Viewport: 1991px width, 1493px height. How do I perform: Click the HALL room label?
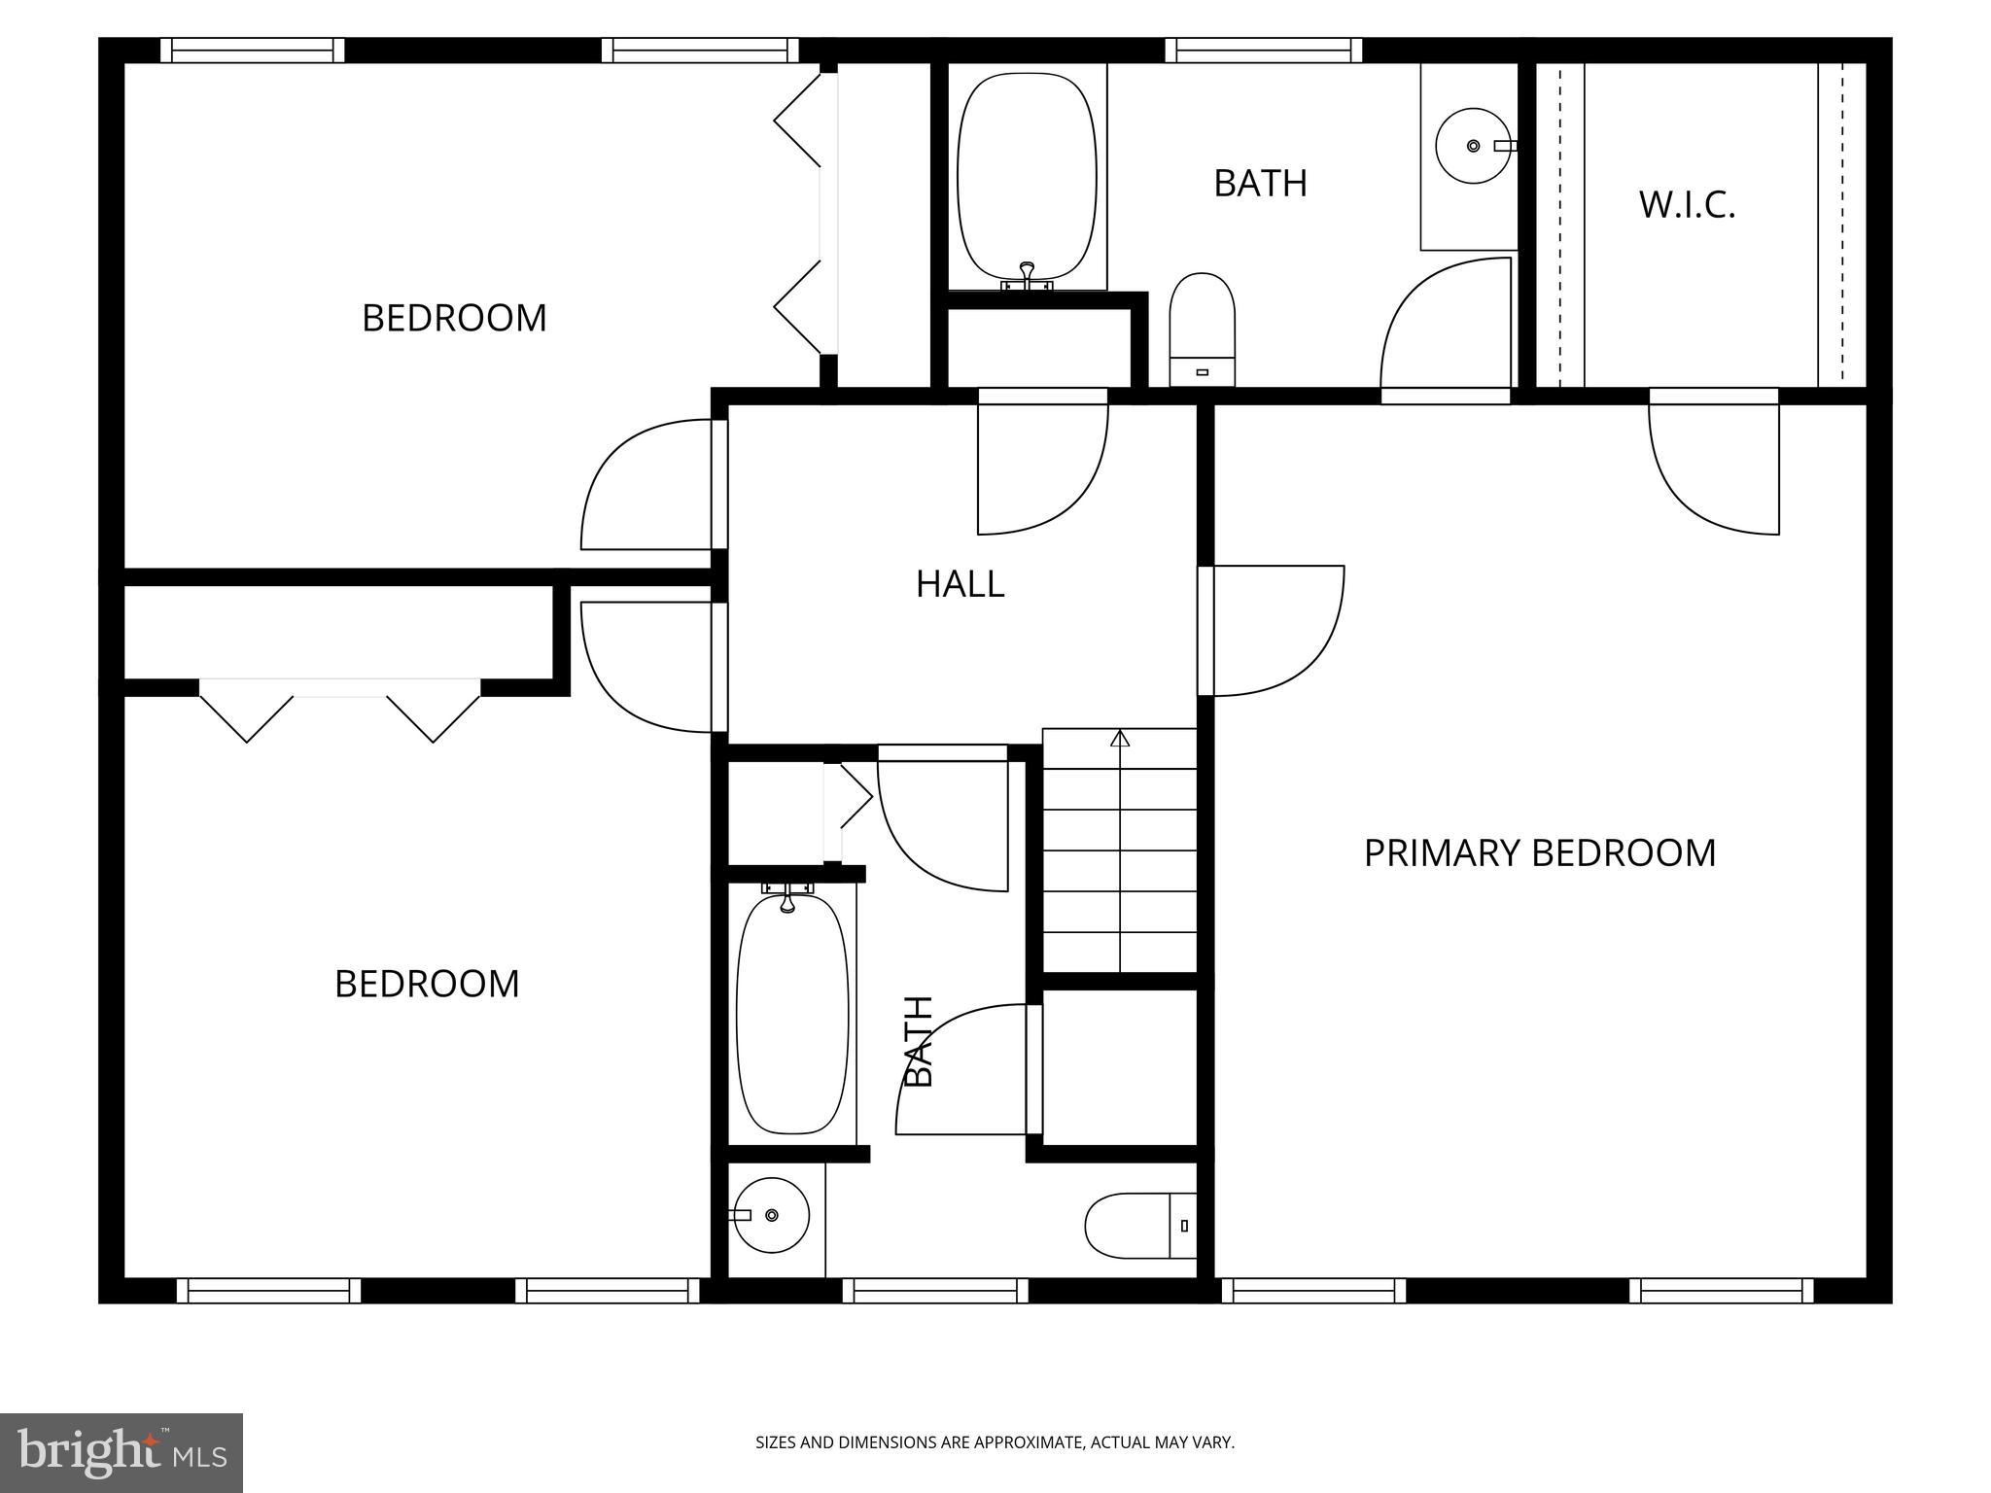[x=960, y=584]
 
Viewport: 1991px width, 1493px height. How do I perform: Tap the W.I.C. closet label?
[x=1687, y=205]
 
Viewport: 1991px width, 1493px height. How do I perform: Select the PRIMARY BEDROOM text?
[x=1539, y=853]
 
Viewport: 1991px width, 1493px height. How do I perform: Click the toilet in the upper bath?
[x=1202, y=329]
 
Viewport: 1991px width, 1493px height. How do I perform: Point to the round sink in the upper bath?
[x=1473, y=146]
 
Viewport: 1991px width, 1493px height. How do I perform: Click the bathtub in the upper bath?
[x=1028, y=175]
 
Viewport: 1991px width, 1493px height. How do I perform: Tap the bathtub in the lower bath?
[x=791, y=1014]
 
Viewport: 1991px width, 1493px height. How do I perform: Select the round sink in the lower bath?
[x=771, y=1215]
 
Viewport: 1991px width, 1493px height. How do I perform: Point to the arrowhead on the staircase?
[x=1120, y=738]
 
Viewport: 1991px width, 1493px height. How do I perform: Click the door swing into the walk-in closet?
[x=1713, y=467]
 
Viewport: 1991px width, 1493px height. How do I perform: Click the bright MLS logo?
[x=122, y=1452]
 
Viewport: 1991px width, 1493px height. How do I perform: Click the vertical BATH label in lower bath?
[x=919, y=1041]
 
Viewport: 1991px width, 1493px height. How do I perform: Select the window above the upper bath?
[x=1263, y=50]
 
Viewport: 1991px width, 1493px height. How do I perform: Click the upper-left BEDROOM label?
[x=454, y=318]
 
